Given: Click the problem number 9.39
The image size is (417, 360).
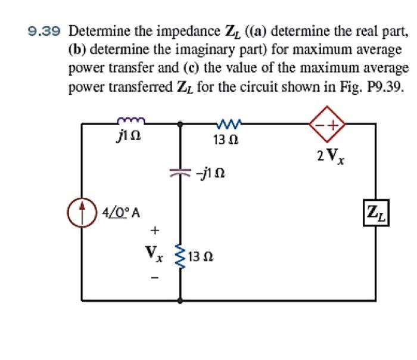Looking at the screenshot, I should (x=46, y=30).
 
